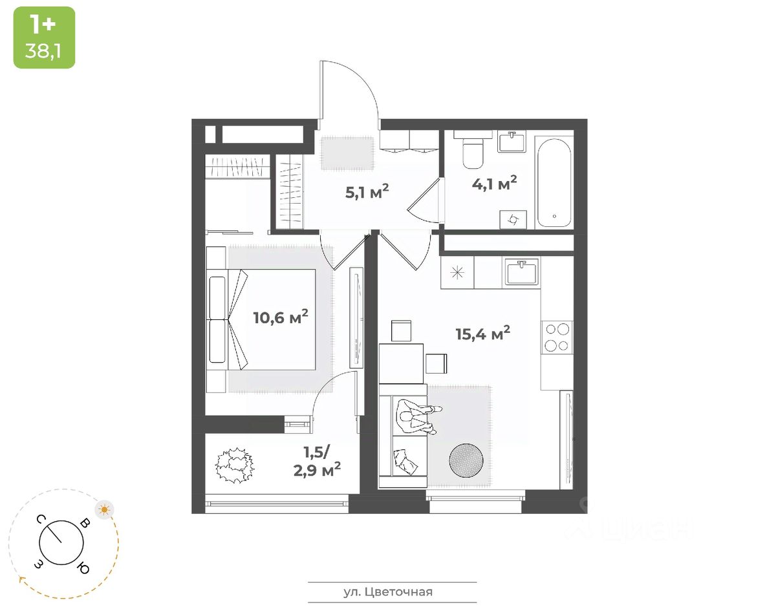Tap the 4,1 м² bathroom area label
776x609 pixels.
tap(493, 184)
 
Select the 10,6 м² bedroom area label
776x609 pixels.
tap(280, 317)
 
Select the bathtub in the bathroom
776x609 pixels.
tap(554, 181)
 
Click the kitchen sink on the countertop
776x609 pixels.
tap(523, 272)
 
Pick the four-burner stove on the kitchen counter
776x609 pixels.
tap(557, 336)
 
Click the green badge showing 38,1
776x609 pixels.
tap(44, 37)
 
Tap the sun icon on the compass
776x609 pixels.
tap(104, 509)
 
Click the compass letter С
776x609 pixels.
tap(40, 519)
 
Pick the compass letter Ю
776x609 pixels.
tap(83, 568)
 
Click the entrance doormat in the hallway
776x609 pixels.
tap(348, 153)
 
